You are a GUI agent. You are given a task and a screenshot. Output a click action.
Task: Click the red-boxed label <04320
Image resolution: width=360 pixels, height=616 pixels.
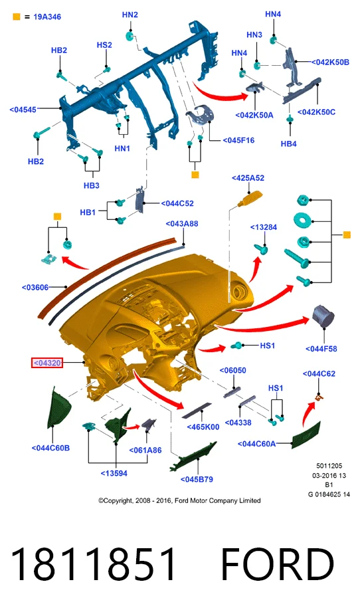click(x=46, y=363)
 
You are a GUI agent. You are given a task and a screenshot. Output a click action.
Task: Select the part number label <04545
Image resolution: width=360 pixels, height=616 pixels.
click(x=23, y=110)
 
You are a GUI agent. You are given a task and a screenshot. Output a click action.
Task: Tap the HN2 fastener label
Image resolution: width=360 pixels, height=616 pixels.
click(x=130, y=15)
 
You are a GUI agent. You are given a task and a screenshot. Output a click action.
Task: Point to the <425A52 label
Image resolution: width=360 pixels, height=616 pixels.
click(x=248, y=178)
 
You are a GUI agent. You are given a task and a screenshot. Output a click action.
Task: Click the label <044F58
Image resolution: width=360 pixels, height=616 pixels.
click(x=321, y=348)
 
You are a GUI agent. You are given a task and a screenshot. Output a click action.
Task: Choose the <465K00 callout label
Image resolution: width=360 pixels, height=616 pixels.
click(x=203, y=427)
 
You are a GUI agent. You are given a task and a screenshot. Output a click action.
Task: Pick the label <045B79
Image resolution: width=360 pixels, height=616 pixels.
click(x=197, y=479)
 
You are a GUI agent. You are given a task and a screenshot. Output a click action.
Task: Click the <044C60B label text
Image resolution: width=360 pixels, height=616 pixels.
click(x=50, y=448)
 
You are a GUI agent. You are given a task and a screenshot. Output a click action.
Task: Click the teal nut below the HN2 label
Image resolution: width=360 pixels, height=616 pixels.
click(x=130, y=37)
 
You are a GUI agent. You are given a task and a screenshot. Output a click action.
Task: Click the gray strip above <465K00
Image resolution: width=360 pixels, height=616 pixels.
click(x=197, y=409)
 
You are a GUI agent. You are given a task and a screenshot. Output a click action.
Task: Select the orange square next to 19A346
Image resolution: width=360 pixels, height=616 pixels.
click(x=17, y=17)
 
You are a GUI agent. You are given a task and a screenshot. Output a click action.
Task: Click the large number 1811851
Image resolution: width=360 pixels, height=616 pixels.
click(x=92, y=564)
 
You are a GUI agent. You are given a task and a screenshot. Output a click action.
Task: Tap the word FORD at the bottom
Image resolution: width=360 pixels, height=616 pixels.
click(x=278, y=564)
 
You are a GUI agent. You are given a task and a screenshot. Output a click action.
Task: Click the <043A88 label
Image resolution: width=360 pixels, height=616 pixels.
click(x=182, y=223)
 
